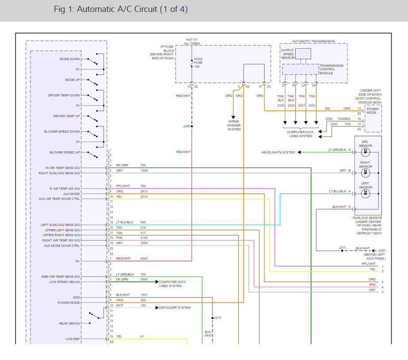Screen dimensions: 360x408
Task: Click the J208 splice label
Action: coord(186,126)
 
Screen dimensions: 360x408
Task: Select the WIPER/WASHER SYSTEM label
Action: coord(234,125)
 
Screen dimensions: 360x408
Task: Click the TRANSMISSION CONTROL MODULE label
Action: coord(331,69)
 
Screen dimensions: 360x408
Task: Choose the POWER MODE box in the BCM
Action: coord(372,111)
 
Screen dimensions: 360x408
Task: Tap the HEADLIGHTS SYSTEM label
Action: coord(278,153)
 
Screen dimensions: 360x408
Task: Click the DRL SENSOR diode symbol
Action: coord(366,152)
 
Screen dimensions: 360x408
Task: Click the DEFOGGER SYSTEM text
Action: coord(175,307)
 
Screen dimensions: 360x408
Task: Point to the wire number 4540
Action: coord(144,258)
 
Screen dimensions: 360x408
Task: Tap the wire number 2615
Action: coord(144,191)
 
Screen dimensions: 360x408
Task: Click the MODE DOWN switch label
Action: coord(70,59)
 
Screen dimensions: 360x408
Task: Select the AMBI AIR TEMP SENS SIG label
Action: coord(61,276)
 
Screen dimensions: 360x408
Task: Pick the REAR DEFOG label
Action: coord(69,323)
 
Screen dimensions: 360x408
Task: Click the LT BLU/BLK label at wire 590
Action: coord(125,222)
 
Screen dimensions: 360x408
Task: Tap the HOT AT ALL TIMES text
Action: coord(192,42)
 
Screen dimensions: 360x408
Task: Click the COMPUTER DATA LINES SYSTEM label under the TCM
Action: coord(300,134)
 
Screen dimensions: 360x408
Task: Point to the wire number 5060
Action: coord(144,279)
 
